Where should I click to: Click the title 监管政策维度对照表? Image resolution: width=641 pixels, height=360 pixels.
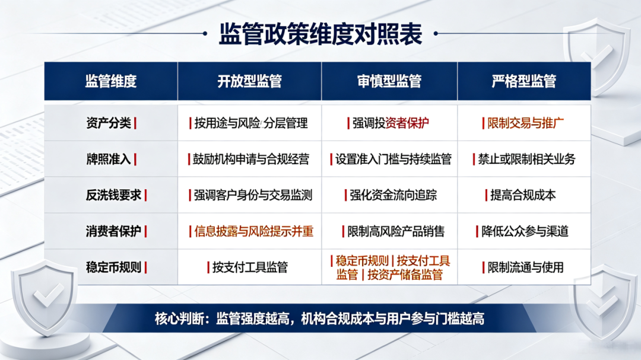pyautogui.click(x=320, y=34)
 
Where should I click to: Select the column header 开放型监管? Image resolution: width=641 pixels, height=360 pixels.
pyautogui.click(x=249, y=81)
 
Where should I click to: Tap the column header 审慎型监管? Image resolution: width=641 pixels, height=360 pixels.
pyautogui.click(x=389, y=81)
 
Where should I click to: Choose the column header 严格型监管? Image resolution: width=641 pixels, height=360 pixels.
pyautogui.click(x=523, y=81)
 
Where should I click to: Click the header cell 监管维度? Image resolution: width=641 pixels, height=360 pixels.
pyautogui.click(x=111, y=81)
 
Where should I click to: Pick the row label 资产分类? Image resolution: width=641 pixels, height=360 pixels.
pyautogui.click(x=109, y=123)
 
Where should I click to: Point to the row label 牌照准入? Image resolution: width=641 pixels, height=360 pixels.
pyautogui.click(x=109, y=159)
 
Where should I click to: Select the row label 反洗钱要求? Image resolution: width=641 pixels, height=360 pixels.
pyautogui.click(x=113, y=195)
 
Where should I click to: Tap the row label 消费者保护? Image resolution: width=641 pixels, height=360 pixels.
pyautogui.click(x=113, y=231)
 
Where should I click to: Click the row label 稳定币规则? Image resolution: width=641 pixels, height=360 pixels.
pyautogui.click(x=113, y=267)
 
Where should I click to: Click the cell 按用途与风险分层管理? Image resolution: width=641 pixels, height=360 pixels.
pyautogui.click(x=250, y=123)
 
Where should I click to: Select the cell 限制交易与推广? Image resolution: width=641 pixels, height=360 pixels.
pyautogui.click(x=525, y=123)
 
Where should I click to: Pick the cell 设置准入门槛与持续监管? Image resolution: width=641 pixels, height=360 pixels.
pyautogui.click(x=394, y=159)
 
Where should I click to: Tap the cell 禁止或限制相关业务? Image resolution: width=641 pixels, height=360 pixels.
pyautogui.click(x=526, y=159)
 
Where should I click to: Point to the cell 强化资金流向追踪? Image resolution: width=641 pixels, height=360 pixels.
pyautogui.click(x=394, y=195)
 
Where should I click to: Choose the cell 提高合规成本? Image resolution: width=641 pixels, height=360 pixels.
pyautogui.click(x=523, y=195)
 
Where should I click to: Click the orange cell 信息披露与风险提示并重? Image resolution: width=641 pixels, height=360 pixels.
pyautogui.click(x=253, y=231)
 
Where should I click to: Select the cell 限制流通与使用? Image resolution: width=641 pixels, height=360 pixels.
pyautogui.click(x=525, y=267)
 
